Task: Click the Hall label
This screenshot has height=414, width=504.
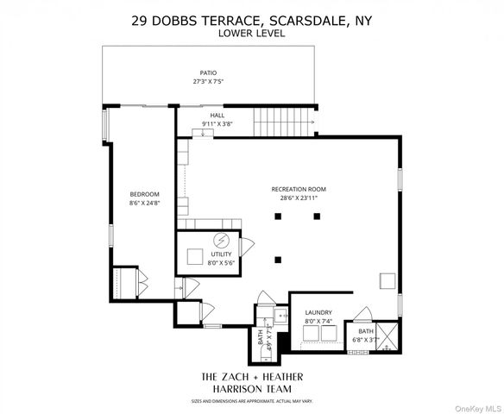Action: pyautogui.click(x=217, y=116)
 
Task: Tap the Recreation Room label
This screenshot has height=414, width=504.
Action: pyautogui.click(x=299, y=189)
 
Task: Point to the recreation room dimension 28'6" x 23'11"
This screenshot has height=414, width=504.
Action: pyautogui.click(x=299, y=198)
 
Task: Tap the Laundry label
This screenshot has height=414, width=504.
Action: pyautogui.click(x=318, y=313)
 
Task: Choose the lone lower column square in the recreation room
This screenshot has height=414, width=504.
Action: pyautogui.click(x=277, y=259)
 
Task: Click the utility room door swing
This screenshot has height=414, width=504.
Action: pyautogui.click(x=246, y=245)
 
